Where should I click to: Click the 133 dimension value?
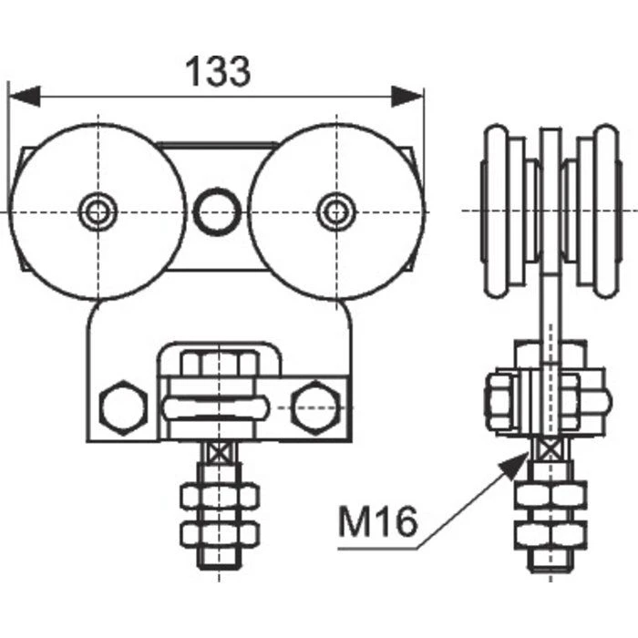point(218,71)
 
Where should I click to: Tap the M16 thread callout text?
point(378,521)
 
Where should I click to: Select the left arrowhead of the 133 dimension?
point(25,97)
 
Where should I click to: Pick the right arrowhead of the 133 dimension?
point(407,97)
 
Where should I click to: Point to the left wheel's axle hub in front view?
point(98,211)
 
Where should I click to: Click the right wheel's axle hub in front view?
point(336,211)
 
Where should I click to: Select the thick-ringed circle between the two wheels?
point(217,211)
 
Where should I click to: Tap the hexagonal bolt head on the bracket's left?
point(123,407)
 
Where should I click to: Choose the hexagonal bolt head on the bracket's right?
point(315,407)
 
